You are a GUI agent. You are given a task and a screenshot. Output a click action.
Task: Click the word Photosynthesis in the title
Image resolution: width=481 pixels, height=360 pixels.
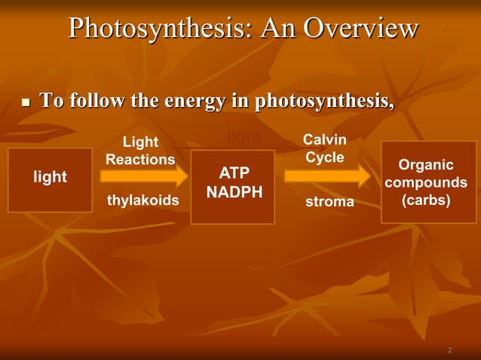(154, 29)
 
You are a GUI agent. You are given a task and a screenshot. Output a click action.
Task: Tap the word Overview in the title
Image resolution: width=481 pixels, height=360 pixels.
(360, 29)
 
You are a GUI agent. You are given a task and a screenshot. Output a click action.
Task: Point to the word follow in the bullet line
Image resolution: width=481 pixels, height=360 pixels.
(95, 100)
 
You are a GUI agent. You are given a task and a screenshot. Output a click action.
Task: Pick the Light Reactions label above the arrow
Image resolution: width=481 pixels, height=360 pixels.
(140, 151)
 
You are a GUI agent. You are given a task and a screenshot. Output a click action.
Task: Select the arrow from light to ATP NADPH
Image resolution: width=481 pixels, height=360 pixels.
(144, 176)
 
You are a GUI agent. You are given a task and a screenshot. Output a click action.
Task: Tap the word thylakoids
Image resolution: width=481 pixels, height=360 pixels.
(143, 201)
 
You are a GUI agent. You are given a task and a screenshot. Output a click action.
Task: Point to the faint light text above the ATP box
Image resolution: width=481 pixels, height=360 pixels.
(243, 136)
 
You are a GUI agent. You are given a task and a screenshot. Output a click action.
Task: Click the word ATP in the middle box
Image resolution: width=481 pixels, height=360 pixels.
(234, 174)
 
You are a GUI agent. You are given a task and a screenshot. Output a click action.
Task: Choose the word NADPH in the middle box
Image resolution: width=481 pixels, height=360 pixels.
(234, 193)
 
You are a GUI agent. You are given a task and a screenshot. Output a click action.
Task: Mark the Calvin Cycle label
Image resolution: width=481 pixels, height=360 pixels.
(324, 148)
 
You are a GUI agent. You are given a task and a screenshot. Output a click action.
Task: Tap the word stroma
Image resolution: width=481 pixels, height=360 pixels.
(329, 202)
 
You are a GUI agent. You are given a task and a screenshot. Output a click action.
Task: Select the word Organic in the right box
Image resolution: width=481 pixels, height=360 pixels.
(426, 165)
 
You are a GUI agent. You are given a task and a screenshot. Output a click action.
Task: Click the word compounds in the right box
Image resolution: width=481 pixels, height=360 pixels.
(426, 183)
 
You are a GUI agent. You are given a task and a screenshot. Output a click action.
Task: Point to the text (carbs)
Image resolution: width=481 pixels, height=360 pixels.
(426, 201)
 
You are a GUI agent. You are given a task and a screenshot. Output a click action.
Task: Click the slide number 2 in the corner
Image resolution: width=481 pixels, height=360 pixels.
(449, 350)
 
